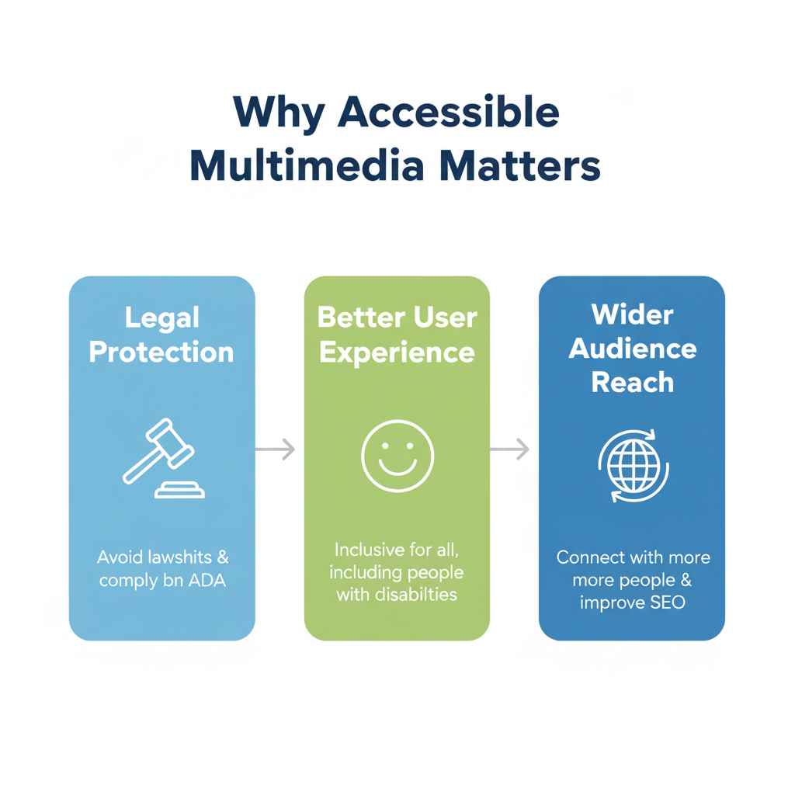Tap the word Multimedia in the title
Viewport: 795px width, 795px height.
(x=313, y=166)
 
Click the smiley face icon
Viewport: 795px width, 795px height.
(x=397, y=456)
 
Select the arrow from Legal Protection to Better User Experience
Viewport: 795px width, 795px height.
(x=276, y=449)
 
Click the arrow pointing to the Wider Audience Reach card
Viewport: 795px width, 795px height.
(x=510, y=449)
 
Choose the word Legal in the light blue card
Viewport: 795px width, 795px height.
(x=161, y=318)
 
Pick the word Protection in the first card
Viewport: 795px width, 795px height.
(x=161, y=352)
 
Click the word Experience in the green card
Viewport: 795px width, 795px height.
(x=397, y=352)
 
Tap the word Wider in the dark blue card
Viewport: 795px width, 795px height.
(x=632, y=314)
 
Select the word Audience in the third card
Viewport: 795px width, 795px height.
(x=632, y=349)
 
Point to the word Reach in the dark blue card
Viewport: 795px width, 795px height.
(x=632, y=382)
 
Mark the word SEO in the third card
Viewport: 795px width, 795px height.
(x=667, y=602)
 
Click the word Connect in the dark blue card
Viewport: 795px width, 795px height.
(x=589, y=557)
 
